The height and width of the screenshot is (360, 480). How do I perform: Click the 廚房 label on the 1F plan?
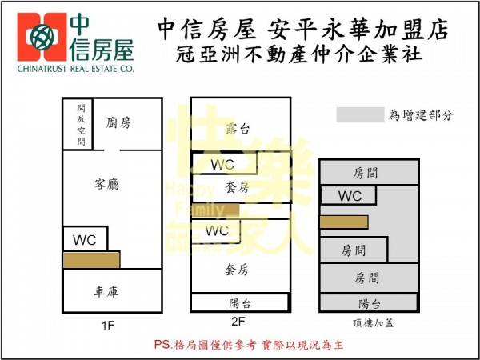click(118, 122)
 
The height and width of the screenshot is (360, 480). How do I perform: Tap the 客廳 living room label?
click(106, 184)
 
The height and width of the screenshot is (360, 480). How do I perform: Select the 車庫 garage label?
click(106, 292)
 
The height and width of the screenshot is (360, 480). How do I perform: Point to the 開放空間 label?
click(81, 124)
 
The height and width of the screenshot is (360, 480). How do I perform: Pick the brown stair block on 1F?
click(92, 260)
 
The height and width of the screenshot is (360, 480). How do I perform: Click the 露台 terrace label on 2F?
click(239, 128)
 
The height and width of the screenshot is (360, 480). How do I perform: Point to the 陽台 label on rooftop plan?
click(369, 303)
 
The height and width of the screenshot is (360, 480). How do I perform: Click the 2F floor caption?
click(238, 322)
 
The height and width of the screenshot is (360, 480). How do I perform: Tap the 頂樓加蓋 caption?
click(368, 322)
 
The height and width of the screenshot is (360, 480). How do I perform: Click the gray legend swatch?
click(359, 114)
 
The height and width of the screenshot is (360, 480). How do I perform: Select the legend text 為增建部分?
click(422, 114)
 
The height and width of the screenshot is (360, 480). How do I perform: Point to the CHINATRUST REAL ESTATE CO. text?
click(75, 70)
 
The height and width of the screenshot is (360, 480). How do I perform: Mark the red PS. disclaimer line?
click(248, 345)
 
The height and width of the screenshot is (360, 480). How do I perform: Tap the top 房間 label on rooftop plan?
click(369, 172)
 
